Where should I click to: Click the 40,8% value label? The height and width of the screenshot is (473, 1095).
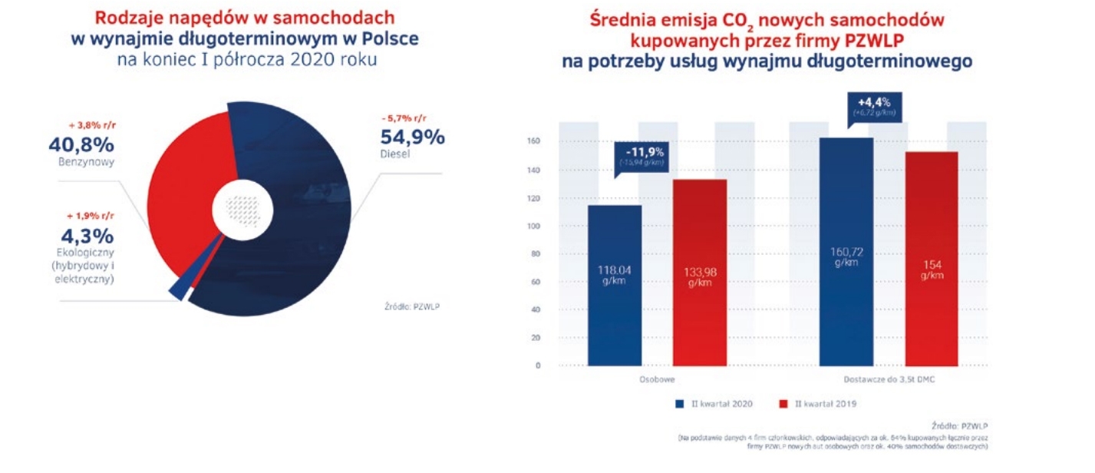81,144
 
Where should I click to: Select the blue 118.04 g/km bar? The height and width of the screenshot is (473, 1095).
614,284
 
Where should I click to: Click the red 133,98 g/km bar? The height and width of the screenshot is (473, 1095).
700,273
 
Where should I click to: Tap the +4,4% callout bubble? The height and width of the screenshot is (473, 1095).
874,106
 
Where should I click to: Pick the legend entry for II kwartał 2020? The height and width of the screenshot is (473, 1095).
711,403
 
